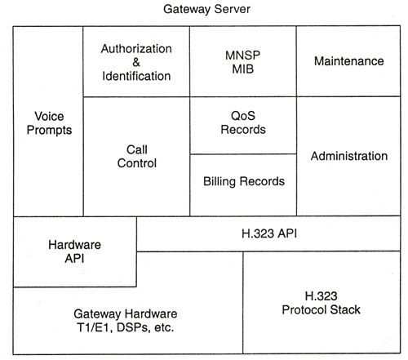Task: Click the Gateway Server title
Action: (206, 10)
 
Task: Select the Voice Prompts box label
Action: (49, 123)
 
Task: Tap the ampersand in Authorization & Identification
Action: (136, 62)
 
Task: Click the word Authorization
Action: (136, 49)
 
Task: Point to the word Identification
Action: (136, 76)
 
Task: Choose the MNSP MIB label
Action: (242, 62)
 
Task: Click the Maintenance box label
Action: (349, 61)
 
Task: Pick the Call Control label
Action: (137, 157)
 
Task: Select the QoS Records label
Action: (243, 122)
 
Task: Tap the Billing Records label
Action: (244, 181)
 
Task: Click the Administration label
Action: (349, 156)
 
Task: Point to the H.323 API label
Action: (269, 233)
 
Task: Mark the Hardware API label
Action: (74, 251)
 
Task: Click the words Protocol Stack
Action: (321, 310)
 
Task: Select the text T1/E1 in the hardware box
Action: (93, 327)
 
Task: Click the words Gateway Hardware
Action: (126, 314)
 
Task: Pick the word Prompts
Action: (49, 130)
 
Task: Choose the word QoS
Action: (243, 116)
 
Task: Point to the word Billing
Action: (220, 181)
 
